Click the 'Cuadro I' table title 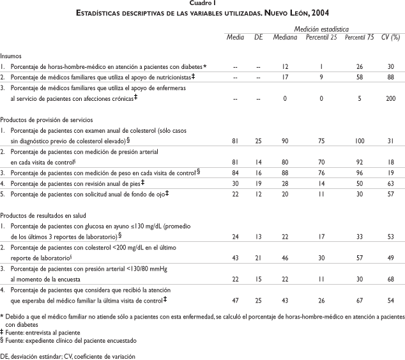tap(202, 4)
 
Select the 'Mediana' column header tap(286, 38)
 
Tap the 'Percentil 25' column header tap(321, 38)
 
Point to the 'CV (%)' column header tap(390, 38)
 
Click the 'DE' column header tap(258, 38)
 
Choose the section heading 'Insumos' tap(11, 56)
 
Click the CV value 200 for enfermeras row tap(390, 99)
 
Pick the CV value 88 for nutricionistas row tap(390, 77)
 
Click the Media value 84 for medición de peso tap(235, 172)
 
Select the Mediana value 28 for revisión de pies tap(286, 183)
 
